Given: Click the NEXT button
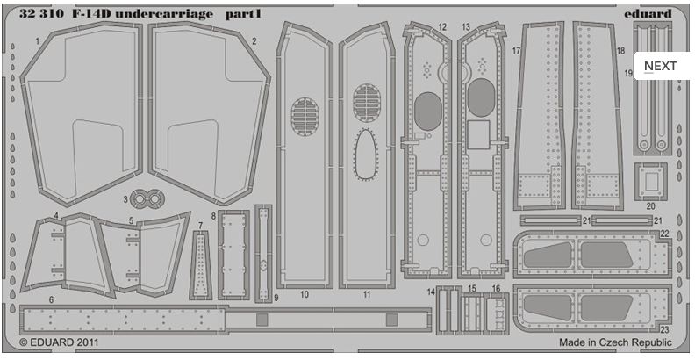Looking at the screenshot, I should point(660,66).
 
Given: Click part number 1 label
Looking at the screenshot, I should point(38,41).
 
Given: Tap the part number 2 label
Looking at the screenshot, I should point(254,41).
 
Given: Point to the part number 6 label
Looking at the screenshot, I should point(52,299).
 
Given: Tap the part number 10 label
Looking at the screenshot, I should point(305,295).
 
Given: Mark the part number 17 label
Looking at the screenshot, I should point(517,51).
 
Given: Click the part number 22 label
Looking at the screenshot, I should point(664,233).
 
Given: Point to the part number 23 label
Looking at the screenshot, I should point(664,329).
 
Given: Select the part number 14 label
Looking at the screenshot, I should point(432,291).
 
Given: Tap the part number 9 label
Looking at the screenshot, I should point(275,299).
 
